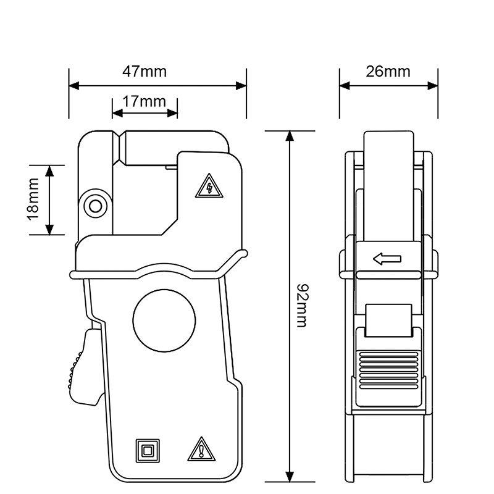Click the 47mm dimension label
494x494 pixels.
click(x=144, y=71)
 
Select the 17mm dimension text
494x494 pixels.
click(x=144, y=101)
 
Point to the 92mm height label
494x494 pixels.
click(x=302, y=306)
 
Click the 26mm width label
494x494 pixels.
click(x=388, y=71)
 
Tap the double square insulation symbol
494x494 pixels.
click(x=148, y=450)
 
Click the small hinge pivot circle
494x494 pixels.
click(x=95, y=206)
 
